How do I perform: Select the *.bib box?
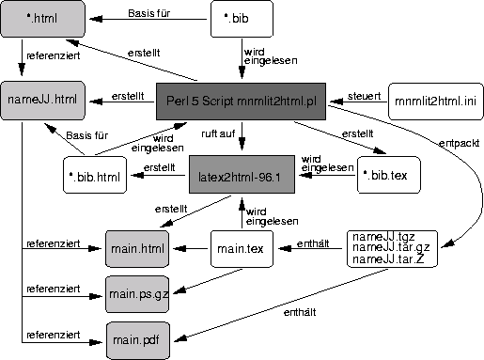pyautogui.click(x=242, y=18)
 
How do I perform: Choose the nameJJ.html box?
pyautogui.click(x=41, y=99)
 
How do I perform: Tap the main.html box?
pyautogui.click(x=136, y=249)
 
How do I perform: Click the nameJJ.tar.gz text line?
pyautogui.click(x=387, y=248)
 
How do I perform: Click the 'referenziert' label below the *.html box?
pyautogui.click(x=53, y=55)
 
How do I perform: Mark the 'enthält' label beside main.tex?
pyautogui.click(x=312, y=243)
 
